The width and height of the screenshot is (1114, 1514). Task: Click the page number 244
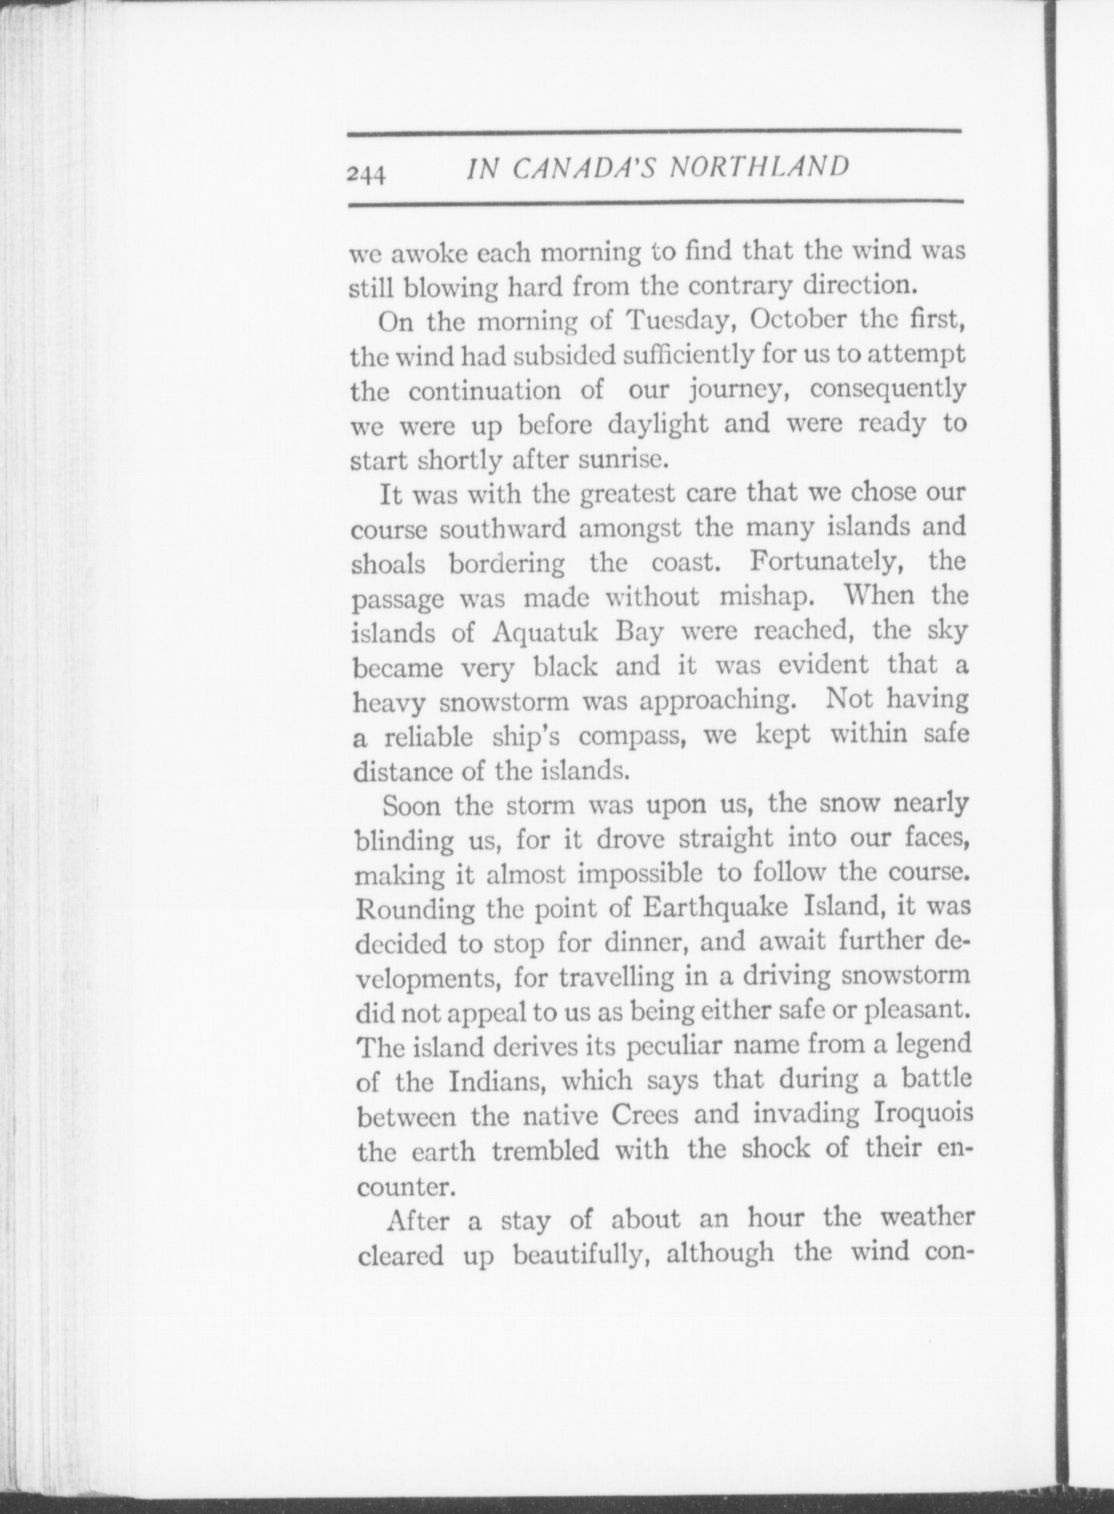tap(366, 174)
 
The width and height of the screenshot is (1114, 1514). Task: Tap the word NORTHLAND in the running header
tap(760, 167)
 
